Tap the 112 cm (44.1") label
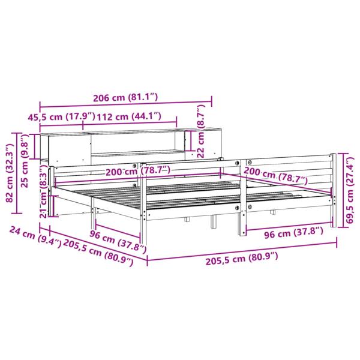129,115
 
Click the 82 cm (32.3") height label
8,174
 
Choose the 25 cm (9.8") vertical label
25,166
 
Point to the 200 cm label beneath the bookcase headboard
137,172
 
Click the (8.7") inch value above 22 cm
200,116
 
